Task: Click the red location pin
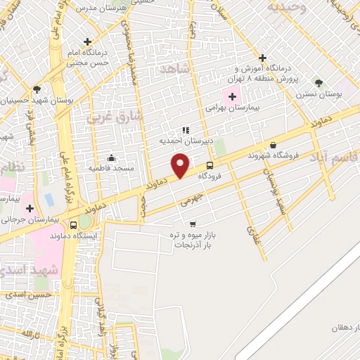pos(181,165)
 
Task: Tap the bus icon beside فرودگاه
pos(210,166)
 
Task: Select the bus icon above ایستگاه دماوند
pos(74,225)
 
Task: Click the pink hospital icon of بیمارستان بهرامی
pos(232,96)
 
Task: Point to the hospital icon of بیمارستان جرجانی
pos(29,208)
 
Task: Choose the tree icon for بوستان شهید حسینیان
pos(36,89)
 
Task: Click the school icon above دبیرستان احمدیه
pos(186,130)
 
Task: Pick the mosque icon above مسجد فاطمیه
pos(110,157)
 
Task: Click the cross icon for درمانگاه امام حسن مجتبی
pos(87,42)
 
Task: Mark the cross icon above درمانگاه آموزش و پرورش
pos(262,58)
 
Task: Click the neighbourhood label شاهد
pos(175,69)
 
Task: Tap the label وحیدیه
pos(285,7)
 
